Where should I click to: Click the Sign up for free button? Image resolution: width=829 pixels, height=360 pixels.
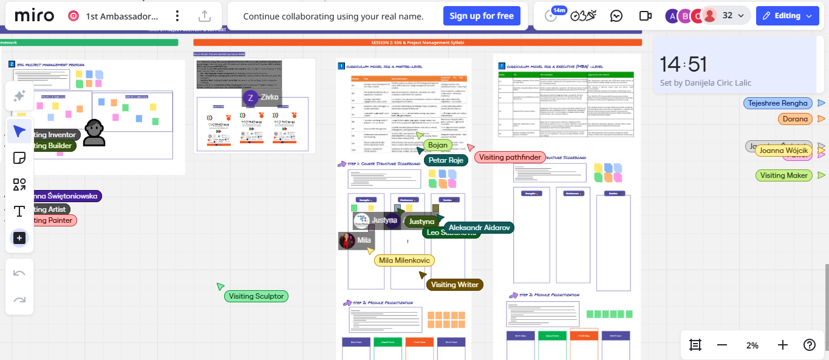pos(482,16)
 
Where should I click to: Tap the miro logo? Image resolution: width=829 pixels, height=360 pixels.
pos(34,16)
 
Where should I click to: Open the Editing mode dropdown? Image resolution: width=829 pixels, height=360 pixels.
pos(787,16)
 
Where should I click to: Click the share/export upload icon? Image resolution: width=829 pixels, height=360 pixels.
pos(205,16)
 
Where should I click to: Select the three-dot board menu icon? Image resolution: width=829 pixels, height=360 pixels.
pos(177,16)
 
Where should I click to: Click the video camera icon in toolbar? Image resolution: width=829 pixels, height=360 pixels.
pos(645,16)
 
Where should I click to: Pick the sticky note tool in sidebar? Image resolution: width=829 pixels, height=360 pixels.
pos(19,158)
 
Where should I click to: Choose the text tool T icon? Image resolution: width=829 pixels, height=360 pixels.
pos(19,211)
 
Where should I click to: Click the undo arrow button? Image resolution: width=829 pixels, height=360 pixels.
pos(19,273)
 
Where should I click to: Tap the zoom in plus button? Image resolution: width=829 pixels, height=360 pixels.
pos(783,345)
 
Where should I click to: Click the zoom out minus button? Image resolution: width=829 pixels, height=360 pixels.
pos(722,345)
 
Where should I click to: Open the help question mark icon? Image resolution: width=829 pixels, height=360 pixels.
pos(810,345)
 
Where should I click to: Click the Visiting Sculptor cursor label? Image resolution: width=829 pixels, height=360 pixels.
pos(256,296)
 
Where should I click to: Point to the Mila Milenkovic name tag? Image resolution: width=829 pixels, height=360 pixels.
pos(404,260)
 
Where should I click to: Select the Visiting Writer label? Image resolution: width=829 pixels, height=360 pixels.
pos(454,284)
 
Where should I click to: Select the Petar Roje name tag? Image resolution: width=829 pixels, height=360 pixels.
pos(446,160)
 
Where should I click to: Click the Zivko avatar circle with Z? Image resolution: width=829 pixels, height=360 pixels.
pos(250,98)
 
